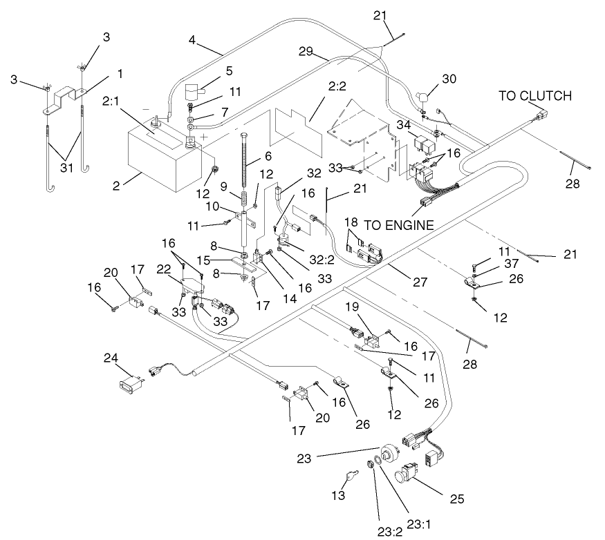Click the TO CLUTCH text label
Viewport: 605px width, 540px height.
click(535, 96)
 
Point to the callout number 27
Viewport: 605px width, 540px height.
click(420, 282)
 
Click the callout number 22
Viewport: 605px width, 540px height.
click(164, 268)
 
